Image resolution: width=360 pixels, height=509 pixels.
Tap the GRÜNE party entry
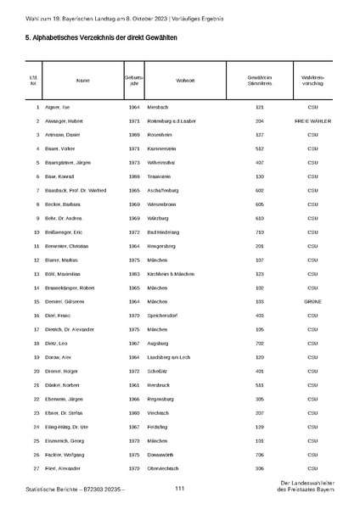coord(312,301)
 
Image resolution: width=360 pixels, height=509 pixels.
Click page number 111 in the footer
coord(180,489)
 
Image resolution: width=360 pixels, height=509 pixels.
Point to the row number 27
coord(37,467)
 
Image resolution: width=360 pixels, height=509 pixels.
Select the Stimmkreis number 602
coord(260,191)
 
